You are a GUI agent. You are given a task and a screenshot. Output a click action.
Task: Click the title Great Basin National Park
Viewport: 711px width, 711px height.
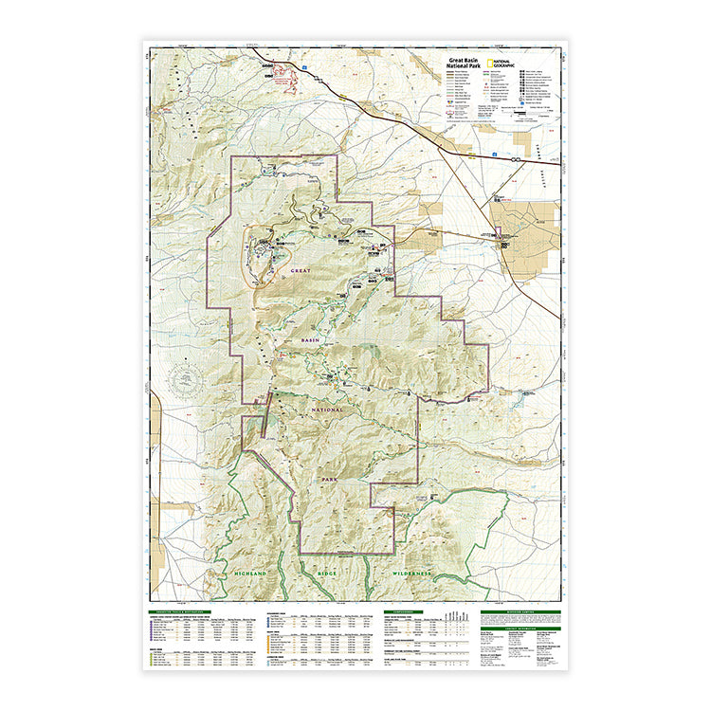pos(464,64)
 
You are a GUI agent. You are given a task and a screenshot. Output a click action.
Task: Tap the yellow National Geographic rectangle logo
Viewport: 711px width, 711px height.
pos(488,64)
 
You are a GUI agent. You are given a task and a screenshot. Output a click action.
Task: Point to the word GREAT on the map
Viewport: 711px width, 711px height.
pos(301,271)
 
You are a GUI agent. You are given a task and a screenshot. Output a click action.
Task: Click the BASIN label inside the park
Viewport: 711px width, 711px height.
pos(314,339)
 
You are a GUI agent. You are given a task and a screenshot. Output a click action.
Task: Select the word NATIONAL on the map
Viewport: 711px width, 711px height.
pos(325,410)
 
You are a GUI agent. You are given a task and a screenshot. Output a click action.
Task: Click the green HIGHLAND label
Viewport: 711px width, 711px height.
pos(251,574)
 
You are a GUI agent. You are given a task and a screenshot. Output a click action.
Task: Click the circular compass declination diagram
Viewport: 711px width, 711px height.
pos(185,382)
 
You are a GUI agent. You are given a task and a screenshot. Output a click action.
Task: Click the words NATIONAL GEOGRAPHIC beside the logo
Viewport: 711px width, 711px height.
pos(503,64)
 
